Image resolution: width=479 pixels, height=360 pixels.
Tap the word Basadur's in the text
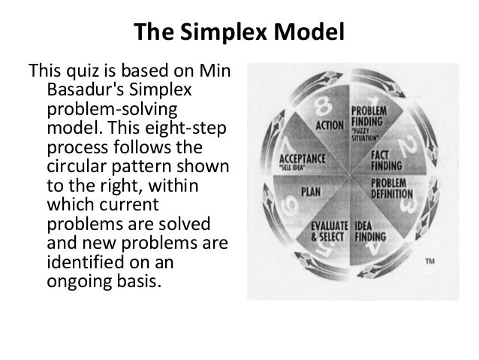pos(82,91)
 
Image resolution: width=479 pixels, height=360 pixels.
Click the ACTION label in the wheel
pos(329,126)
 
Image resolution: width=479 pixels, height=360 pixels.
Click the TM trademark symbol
pos(429,261)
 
